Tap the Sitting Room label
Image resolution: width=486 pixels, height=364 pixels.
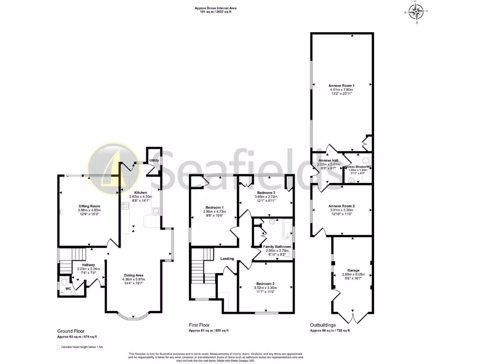tap(89, 206)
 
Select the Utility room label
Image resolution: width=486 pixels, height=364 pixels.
tap(154, 161)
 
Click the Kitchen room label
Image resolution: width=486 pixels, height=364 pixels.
tap(140, 192)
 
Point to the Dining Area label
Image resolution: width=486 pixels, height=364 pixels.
tap(134, 275)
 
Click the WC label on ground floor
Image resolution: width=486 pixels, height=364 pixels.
tap(68, 288)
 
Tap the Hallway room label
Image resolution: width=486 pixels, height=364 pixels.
tap(89, 265)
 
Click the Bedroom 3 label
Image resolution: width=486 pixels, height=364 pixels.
tap(266, 193)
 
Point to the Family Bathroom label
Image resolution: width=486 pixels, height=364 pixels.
tap(277, 246)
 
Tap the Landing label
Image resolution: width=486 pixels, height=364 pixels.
tap(227, 258)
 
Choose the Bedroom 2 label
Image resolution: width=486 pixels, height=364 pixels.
tap(265, 283)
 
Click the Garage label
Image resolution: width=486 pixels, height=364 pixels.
tap(352, 270)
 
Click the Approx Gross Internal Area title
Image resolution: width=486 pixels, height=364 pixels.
tap(215, 8)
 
